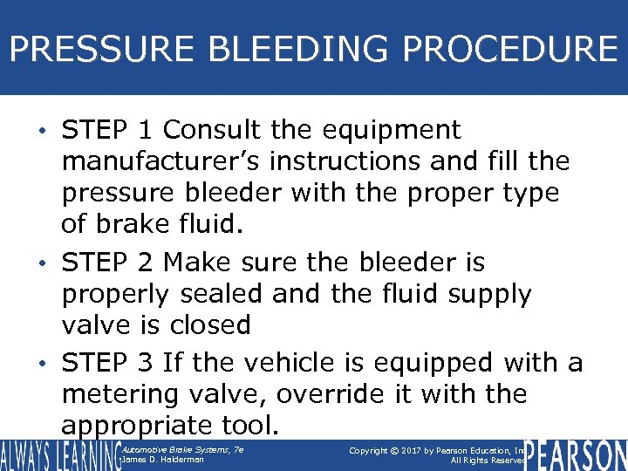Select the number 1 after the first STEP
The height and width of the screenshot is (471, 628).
coord(146,130)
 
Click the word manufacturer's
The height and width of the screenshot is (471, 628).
coord(165,162)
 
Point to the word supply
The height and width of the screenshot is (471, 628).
coord(489,295)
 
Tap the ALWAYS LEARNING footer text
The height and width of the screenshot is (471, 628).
coord(58,454)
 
